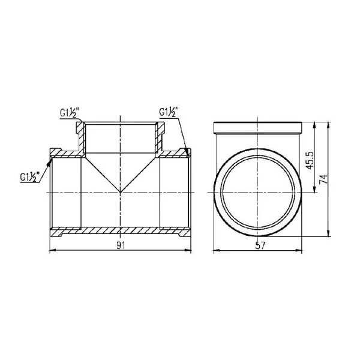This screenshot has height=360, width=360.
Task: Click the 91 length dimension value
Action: click(x=121, y=246)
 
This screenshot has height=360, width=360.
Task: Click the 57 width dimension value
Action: click(x=260, y=246)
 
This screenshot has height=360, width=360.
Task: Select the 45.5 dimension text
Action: click(x=310, y=160)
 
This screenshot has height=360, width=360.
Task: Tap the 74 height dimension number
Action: click(x=323, y=179)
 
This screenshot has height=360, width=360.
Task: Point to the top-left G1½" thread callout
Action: click(x=70, y=113)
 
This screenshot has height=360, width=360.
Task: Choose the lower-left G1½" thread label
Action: click(x=30, y=176)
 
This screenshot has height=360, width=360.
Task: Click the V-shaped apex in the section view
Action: click(x=121, y=192)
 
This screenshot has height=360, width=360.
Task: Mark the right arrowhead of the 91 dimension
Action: click(x=188, y=251)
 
